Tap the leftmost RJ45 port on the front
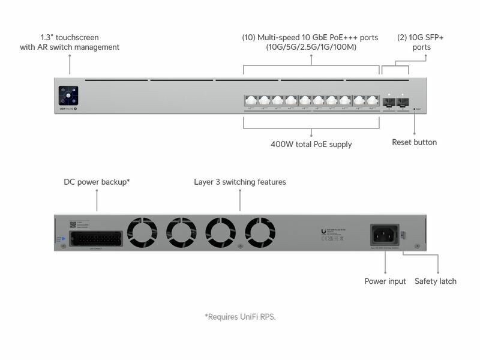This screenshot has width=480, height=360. [250, 101]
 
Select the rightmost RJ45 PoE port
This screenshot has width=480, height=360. [373, 101]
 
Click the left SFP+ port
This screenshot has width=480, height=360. [389, 101]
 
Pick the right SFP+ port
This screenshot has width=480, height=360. [402, 101]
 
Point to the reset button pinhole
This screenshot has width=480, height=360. [415, 109]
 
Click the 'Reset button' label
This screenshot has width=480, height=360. [414, 142]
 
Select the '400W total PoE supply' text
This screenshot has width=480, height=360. [311, 144]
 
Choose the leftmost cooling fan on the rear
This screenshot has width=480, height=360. [143, 232]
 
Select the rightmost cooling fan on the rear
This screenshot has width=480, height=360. [260, 232]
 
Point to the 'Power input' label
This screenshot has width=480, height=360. [385, 281]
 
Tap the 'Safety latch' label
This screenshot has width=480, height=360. [436, 281]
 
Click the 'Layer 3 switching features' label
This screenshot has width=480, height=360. [240, 181]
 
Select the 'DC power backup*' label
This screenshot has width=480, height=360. [97, 181]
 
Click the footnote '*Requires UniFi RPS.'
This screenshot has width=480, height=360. [240, 316]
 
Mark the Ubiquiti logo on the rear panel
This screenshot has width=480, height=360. [324, 230]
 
